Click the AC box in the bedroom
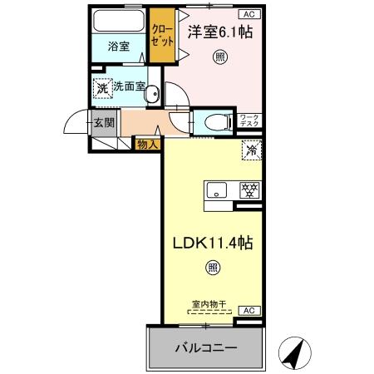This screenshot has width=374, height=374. coord(249,14)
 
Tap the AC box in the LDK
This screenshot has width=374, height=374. coord(249,310)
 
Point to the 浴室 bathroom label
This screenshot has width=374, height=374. coord(119,47)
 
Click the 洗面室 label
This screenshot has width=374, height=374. coord(130,86)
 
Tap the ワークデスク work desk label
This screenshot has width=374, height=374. coord(250,122)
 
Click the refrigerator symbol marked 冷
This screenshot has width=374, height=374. coord(252,150)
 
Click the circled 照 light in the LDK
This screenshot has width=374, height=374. coord(213,268)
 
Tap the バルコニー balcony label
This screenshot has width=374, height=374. coord(204,347)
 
